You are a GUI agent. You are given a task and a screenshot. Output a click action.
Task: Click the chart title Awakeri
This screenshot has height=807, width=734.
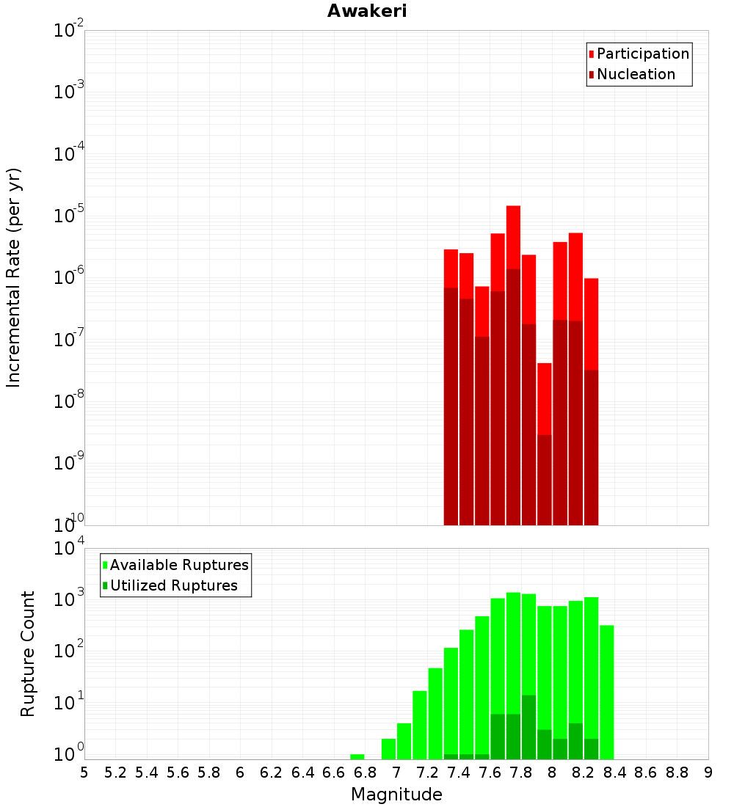367,11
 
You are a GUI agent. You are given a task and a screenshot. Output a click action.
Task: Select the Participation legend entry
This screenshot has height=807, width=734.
642,54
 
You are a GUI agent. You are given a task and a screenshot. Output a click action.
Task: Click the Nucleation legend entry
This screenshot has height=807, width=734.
635,74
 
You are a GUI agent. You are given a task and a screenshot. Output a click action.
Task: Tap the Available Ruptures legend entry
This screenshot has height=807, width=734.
178,565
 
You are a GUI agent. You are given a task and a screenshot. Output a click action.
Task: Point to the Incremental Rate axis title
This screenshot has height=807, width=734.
14,277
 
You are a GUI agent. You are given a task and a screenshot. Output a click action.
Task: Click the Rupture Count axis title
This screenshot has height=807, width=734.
28,654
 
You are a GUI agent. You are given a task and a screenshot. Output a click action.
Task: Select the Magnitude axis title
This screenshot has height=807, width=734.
396,795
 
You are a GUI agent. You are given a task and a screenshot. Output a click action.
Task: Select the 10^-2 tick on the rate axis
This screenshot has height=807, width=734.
69,31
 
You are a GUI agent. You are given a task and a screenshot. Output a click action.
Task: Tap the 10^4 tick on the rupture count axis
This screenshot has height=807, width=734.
69,548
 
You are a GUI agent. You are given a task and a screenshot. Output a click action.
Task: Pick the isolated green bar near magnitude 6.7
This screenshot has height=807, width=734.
357,756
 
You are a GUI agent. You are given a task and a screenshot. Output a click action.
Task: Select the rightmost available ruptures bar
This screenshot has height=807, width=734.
606,690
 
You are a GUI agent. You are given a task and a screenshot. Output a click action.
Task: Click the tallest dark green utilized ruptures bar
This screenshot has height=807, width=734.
528,726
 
